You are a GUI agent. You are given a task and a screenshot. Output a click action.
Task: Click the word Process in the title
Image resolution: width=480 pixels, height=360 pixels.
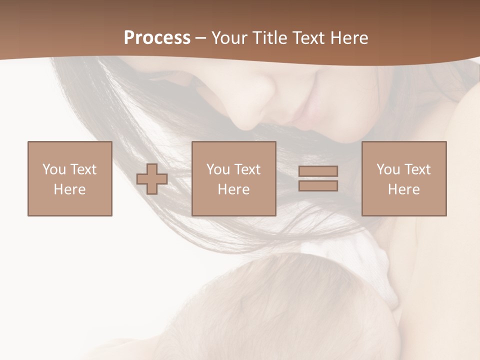coord(157,38)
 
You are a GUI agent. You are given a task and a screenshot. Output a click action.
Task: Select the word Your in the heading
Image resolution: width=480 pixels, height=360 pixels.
coord(230,38)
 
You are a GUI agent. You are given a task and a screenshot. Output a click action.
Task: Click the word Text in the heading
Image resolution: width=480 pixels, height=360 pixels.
coord(307,38)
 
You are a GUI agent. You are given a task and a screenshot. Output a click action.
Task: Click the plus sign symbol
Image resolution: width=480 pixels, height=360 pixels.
coord(152,179)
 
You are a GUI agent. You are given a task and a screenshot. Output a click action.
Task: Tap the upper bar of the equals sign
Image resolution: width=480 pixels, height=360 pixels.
coord(318,171)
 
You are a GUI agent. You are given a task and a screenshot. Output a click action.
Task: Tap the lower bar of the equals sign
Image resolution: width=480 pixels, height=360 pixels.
coord(318,185)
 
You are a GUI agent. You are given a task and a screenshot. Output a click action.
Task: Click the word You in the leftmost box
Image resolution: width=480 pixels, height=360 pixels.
coord(54,169)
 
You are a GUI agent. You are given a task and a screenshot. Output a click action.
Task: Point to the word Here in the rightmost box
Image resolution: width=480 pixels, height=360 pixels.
coord(404,189)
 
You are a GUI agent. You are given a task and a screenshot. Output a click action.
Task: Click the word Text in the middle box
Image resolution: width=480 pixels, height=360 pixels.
coord(247,169)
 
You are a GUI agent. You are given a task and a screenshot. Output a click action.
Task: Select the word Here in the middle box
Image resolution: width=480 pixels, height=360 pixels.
coord(234,189)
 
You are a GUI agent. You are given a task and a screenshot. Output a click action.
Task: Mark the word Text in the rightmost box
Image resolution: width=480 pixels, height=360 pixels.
coord(417,169)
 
